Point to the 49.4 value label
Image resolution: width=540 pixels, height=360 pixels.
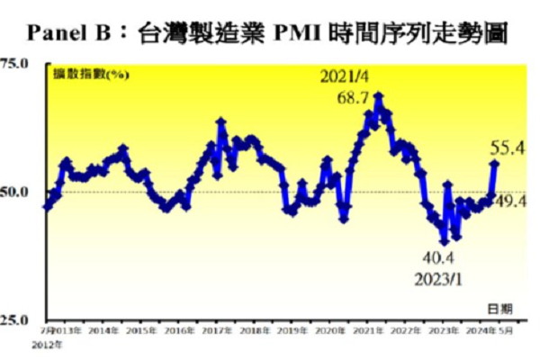pyautogui.click(x=510, y=200)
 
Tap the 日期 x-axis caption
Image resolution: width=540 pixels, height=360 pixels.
pyautogui.click(x=501, y=308)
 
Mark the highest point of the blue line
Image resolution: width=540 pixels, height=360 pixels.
pyautogui.click(x=379, y=94)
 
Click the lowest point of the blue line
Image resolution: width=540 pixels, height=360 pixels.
pyautogui.click(x=444, y=241)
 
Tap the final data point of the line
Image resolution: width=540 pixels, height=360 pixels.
pyautogui.click(x=494, y=163)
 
